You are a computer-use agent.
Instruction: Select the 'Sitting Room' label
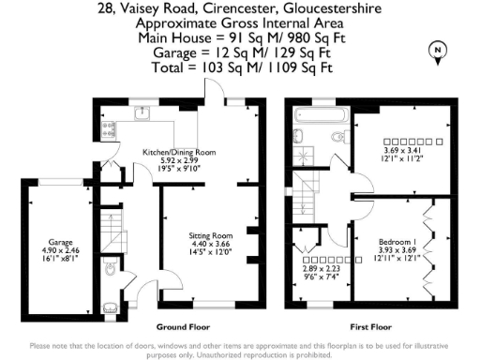coord(209,235)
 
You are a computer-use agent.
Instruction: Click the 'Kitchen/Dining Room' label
coord(178,152)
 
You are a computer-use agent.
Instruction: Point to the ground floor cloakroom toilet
coord(112,273)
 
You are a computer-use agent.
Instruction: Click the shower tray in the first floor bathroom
coord(303,155)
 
